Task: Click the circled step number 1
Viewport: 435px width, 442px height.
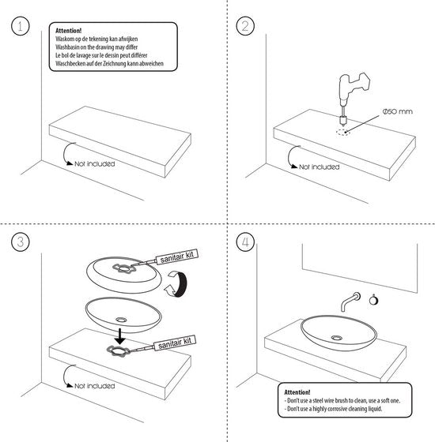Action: [x=21, y=26]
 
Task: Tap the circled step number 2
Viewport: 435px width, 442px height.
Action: [x=245, y=26]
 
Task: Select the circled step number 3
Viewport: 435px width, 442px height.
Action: [x=21, y=242]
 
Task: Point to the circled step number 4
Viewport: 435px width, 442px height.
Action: [x=245, y=242]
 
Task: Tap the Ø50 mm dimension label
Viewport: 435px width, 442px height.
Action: [x=397, y=111]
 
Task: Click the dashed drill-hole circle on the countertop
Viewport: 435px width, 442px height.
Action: [x=343, y=133]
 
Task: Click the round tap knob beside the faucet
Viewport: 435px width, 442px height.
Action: [x=373, y=300]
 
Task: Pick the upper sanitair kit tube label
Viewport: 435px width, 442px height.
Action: [x=176, y=257]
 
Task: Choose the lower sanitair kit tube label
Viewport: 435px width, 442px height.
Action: [x=175, y=343]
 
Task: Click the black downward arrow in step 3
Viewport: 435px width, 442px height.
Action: [x=120, y=336]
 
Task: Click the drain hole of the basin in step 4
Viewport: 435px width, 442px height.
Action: [x=337, y=338]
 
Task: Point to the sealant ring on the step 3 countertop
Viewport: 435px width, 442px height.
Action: [x=118, y=350]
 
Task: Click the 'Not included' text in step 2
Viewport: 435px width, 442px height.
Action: [x=320, y=167]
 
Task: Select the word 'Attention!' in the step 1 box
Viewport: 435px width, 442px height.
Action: [x=68, y=31]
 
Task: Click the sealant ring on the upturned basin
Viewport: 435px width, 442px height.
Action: [x=124, y=268]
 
